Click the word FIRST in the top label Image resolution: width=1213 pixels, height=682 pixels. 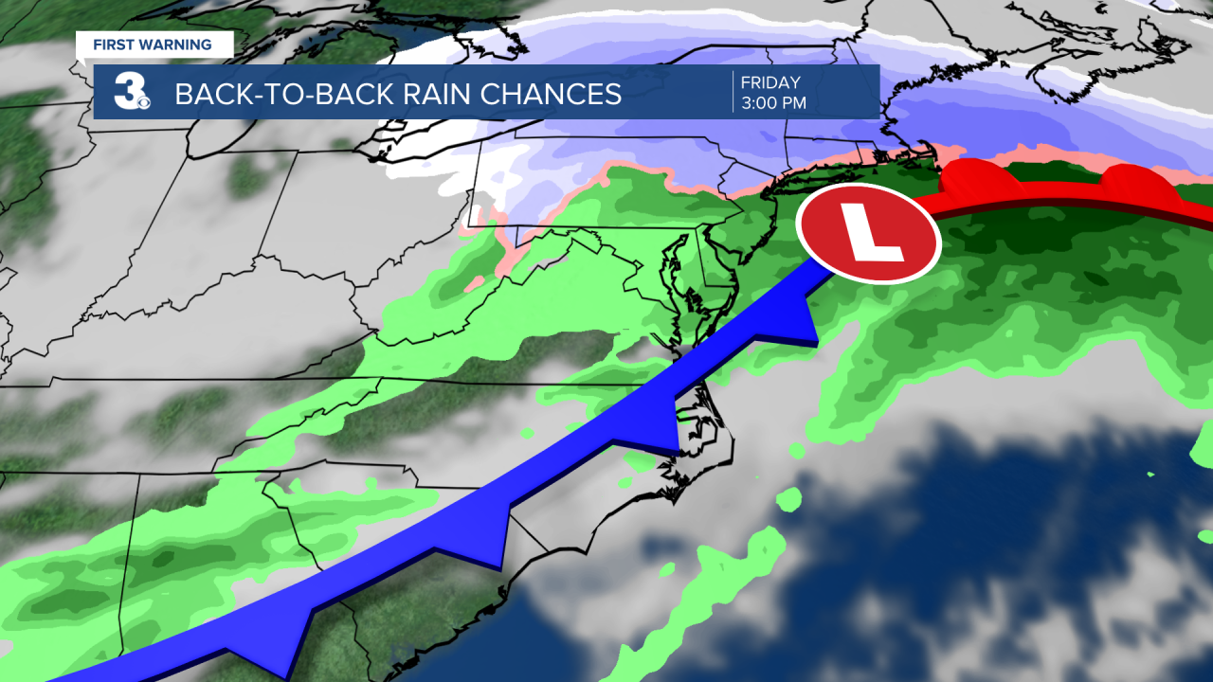(113, 44)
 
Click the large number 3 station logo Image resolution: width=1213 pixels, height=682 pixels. (127, 92)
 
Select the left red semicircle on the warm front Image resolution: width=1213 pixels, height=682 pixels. (976, 179)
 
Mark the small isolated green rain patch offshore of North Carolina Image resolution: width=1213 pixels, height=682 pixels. (788, 500)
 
